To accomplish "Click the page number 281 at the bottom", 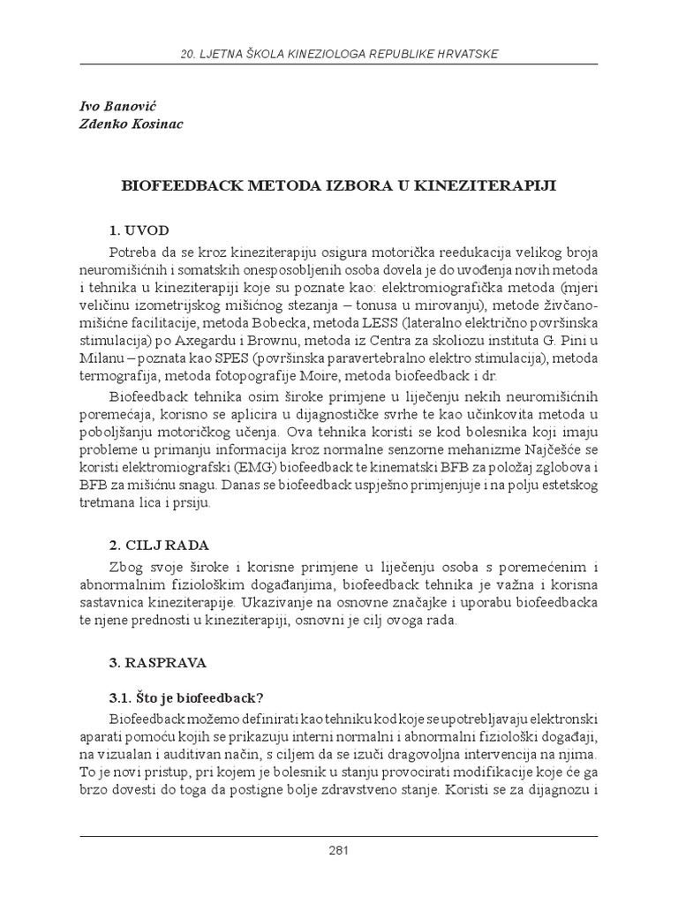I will tap(339, 851).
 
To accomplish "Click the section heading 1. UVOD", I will tap(139, 230).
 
